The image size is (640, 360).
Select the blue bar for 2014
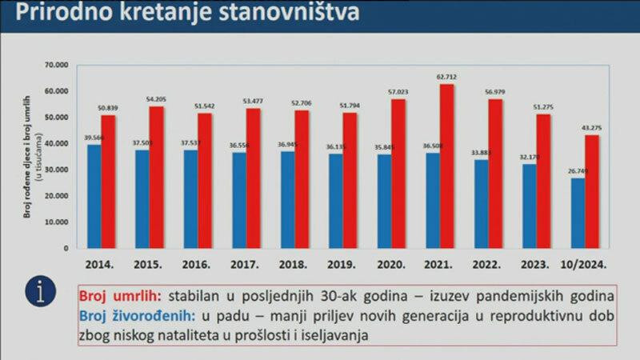click(x=94, y=196)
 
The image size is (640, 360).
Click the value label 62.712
click(x=446, y=77)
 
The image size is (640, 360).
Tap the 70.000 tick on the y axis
click(x=59, y=65)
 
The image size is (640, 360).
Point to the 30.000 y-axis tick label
click(x=59, y=170)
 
